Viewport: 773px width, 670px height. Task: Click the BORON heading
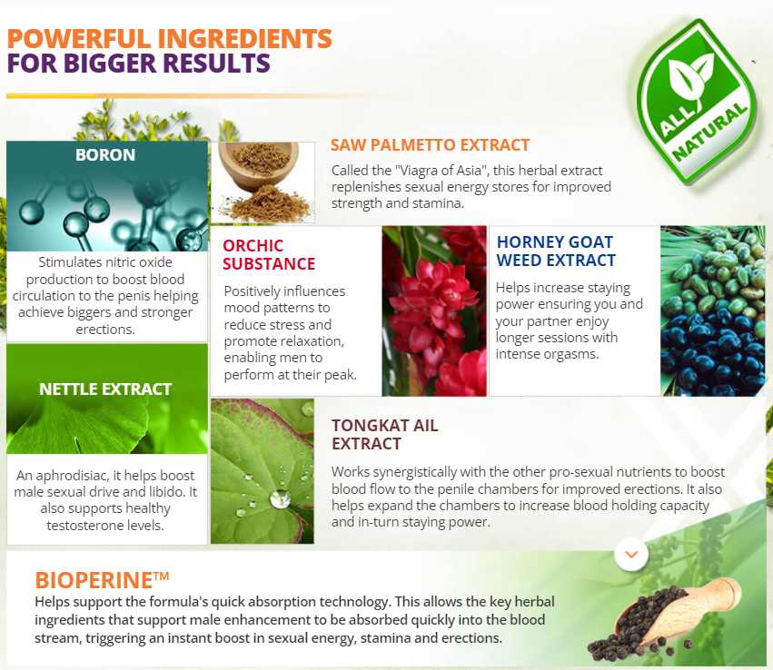pyautogui.click(x=105, y=154)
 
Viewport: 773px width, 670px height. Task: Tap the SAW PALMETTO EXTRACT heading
pyautogui.click(x=430, y=145)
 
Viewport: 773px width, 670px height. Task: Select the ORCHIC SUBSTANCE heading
pyautogui.click(x=269, y=255)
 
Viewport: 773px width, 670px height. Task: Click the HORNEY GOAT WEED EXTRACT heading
pyautogui.click(x=556, y=251)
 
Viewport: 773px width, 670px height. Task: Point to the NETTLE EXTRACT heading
pyautogui.click(x=105, y=389)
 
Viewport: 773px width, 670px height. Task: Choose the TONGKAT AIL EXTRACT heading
pyautogui.click(x=384, y=435)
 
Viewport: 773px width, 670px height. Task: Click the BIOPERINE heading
pyautogui.click(x=102, y=580)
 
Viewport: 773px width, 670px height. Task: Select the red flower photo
pyautogui.click(x=434, y=310)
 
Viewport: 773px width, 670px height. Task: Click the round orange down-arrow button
pyautogui.click(x=631, y=554)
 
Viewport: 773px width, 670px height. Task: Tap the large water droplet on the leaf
pyautogui.click(x=280, y=498)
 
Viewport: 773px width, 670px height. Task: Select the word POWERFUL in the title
pyautogui.click(x=78, y=38)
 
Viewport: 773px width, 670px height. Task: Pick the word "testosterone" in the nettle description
pyautogui.click(x=83, y=526)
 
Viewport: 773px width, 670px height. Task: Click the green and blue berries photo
pyautogui.click(x=713, y=310)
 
